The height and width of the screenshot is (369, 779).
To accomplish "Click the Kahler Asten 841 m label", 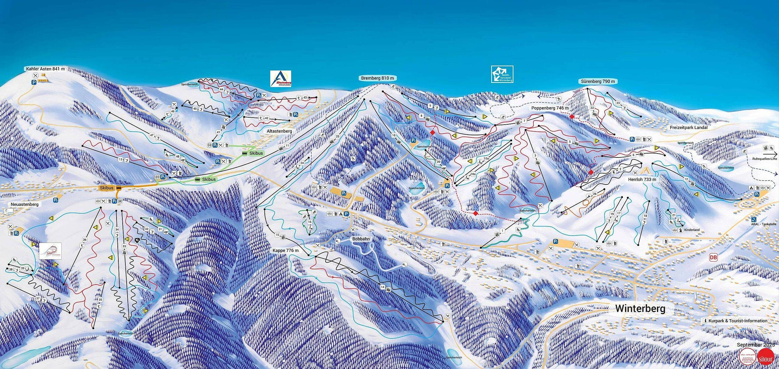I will tap(45, 69).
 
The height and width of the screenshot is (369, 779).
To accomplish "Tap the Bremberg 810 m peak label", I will tap(377, 78).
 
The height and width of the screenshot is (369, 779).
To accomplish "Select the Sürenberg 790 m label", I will tap(598, 81).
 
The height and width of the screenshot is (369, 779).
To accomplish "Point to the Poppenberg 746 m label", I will tap(550, 108).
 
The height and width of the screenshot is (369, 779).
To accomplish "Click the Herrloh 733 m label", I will tap(642, 179).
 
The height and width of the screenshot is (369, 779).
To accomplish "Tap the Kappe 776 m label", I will tap(285, 250).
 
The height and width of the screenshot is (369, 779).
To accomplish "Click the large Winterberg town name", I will tap(640, 309).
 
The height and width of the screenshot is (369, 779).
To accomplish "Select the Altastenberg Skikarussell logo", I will tap(281, 79).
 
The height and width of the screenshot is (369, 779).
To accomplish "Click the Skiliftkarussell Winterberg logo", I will tap(502, 74).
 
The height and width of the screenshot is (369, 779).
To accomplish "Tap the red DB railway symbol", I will tap(713, 257).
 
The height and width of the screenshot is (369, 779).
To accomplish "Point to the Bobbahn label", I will tap(361, 239).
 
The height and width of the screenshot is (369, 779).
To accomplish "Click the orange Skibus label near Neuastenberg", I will tap(107, 188).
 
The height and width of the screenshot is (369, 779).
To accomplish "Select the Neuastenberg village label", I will tap(25, 204).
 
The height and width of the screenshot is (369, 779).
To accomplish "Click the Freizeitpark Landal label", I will tap(689, 128).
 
